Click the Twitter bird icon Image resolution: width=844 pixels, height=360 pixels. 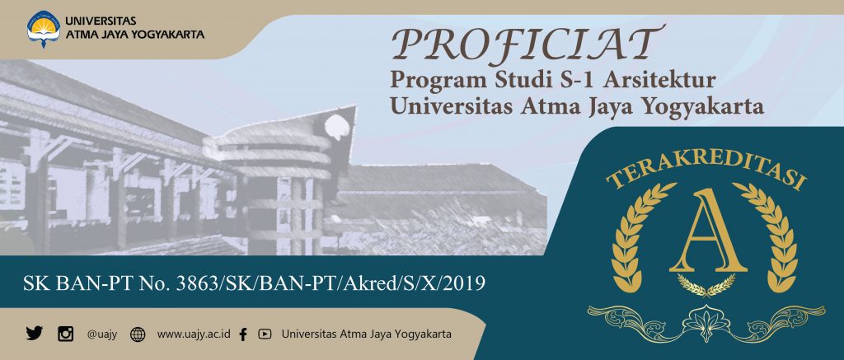(x=34, y=334)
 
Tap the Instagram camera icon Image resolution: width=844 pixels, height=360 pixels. (x=66, y=334)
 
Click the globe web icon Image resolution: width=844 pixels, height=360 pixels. (x=138, y=334)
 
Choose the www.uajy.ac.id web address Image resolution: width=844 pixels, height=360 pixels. (x=193, y=334)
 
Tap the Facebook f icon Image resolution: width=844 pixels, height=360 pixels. (x=243, y=334)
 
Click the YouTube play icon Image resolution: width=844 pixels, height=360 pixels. (x=265, y=334)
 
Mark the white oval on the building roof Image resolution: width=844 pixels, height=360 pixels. (x=336, y=126)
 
